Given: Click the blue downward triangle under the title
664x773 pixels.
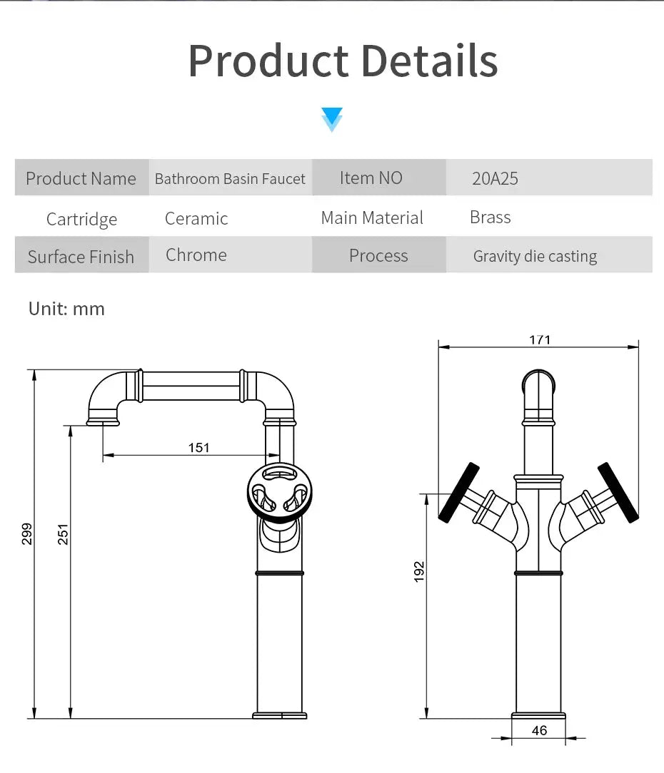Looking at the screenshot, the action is coord(332,119).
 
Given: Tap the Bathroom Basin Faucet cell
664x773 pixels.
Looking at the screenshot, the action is coord(230,178).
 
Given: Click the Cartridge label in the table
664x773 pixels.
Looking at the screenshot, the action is coord(81,219).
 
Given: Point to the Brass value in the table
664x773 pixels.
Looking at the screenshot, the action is coord(491,217).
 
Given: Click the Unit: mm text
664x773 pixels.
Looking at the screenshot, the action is coord(66,309).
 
